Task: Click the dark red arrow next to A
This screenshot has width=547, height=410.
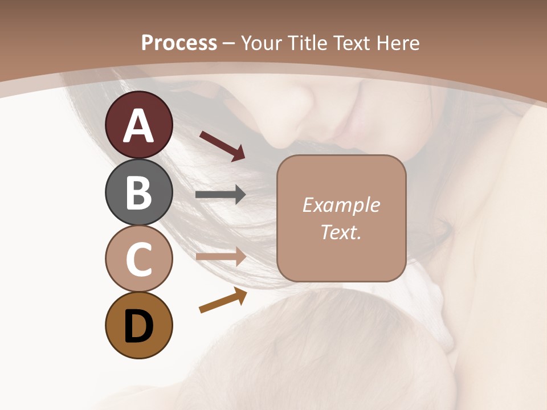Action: (x=222, y=145)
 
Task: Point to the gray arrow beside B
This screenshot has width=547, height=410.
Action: (x=221, y=195)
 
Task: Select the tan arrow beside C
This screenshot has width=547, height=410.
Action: (x=221, y=257)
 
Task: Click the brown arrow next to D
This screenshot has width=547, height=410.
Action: (x=223, y=301)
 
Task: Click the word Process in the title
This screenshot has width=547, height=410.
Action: (x=179, y=43)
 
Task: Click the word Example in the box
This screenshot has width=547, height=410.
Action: (x=341, y=205)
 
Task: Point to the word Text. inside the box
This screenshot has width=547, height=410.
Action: (x=341, y=232)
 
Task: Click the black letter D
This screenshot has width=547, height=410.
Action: (x=138, y=327)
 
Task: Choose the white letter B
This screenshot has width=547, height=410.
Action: (x=138, y=193)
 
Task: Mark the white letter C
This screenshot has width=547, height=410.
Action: (x=138, y=260)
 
